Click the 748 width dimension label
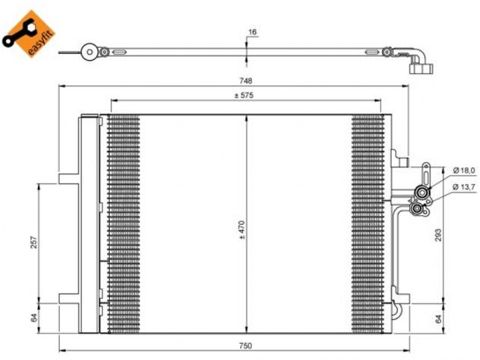[x=245, y=81]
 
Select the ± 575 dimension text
[x=244, y=96]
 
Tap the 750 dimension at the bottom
[x=245, y=346]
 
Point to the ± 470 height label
[x=242, y=229]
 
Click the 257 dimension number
[x=34, y=242]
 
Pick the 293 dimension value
[x=438, y=235]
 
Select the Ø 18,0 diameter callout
[x=464, y=170]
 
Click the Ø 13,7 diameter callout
[x=464, y=187]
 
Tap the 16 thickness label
[x=253, y=32]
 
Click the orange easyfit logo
[x=28, y=34]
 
